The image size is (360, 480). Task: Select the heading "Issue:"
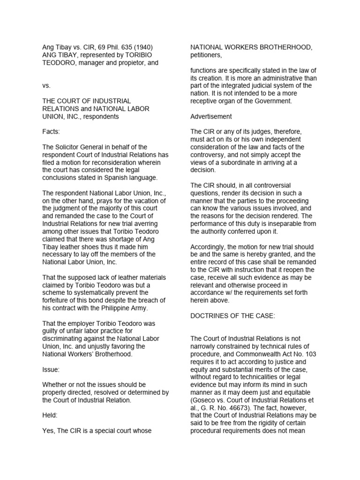[51, 369]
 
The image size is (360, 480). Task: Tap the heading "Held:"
[51, 415]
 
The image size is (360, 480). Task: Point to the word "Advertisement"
[211, 116]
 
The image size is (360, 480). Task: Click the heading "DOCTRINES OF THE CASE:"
[232, 316]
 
